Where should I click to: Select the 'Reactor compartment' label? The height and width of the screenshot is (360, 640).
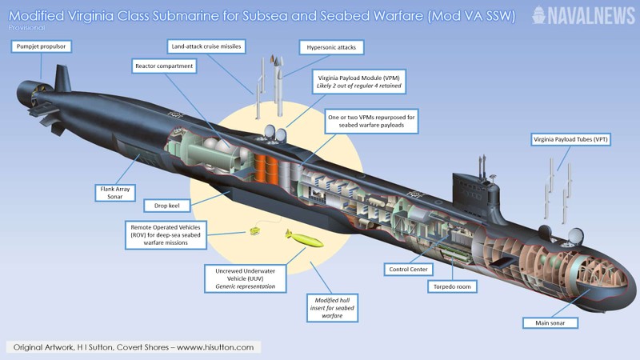pyautogui.click(x=164, y=66)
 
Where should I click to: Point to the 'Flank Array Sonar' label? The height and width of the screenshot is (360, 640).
pyautogui.click(x=114, y=191)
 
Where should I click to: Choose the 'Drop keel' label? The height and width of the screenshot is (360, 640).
pyautogui.click(x=167, y=206)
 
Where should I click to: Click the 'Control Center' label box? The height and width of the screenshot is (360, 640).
pyautogui.click(x=412, y=269)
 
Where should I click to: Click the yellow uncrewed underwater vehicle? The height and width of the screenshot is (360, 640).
pyautogui.click(x=304, y=238)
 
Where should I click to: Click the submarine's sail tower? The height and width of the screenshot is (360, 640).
pyautogui.click(x=474, y=186)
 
